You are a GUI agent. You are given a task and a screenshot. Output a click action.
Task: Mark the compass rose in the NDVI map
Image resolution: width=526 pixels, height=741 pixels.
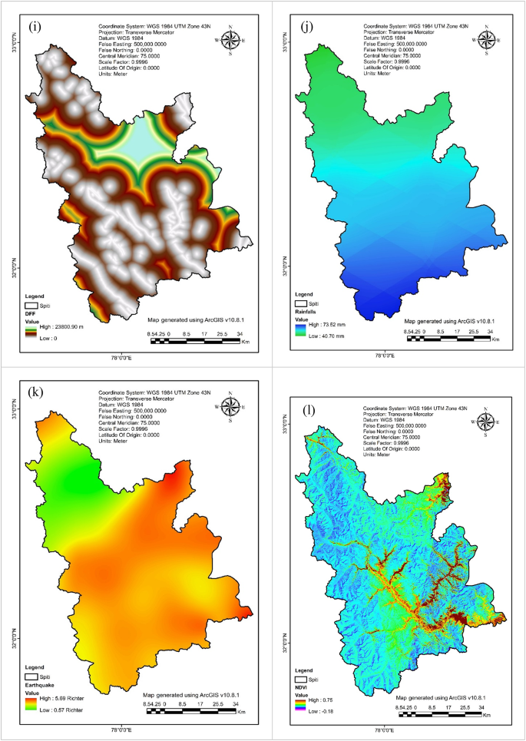point(487,421)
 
